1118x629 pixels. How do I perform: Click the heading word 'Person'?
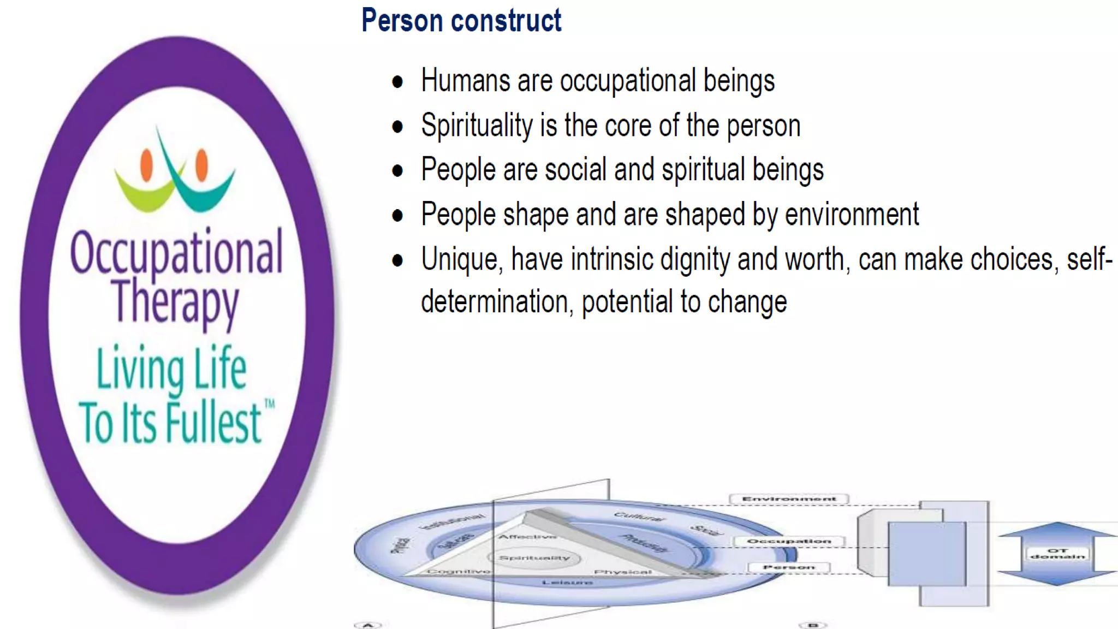tap(402, 21)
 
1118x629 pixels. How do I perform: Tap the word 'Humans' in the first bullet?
tap(465, 81)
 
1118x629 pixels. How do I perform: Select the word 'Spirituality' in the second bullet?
tap(477, 126)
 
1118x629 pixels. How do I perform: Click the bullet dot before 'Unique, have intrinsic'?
tap(397, 260)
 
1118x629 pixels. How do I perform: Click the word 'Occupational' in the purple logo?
tap(176, 252)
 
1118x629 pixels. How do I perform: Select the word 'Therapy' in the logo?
tap(175, 301)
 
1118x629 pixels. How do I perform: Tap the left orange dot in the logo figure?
tap(146, 164)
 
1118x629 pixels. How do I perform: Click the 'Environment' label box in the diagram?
tap(788, 499)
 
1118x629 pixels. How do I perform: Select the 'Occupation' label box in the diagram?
tap(788, 541)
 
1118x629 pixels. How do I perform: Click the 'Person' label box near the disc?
tap(788, 567)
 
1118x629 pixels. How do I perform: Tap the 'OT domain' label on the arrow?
tap(1057, 554)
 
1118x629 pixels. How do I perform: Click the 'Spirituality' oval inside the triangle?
tap(534, 557)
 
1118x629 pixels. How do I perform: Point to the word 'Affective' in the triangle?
tap(527, 537)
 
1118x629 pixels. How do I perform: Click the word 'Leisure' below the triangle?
tap(567, 583)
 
